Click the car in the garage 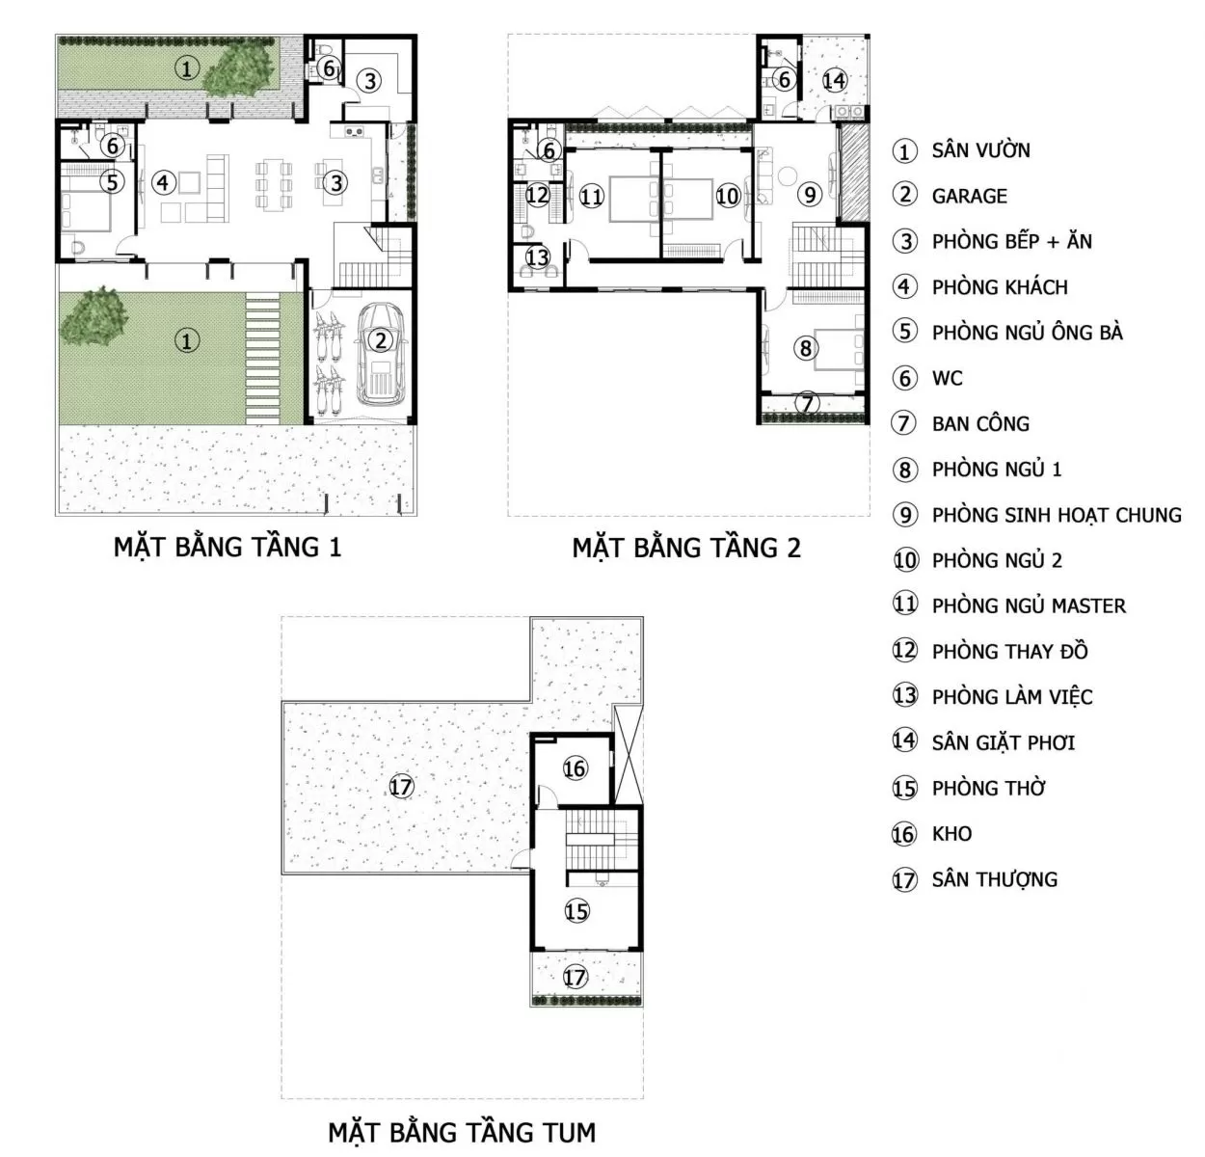click(x=380, y=354)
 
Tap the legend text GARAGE click(x=969, y=197)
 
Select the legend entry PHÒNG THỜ click(x=988, y=788)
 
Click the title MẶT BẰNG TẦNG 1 click(x=228, y=547)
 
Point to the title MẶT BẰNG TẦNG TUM click(x=462, y=1132)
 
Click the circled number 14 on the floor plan click(x=834, y=80)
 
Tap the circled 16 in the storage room click(x=574, y=768)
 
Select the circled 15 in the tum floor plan click(x=576, y=910)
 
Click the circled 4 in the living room click(x=163, y=183)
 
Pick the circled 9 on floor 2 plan click(x=810, y=195)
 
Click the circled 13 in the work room click(x=538, y=256)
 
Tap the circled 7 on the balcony click(x=807, y=404)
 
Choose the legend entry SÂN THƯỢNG click(x=995, y=879)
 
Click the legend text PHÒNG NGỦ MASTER click(x=1029, y=605)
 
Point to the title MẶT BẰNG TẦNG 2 click(x=686, y=548)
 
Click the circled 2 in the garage click(x=380, y=340)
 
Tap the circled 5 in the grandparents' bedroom click(x=112, y=182)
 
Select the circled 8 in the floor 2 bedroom click(x=806, y=348)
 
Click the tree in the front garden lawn click(x=94, y=317)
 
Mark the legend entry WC click(x=947, y=379)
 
